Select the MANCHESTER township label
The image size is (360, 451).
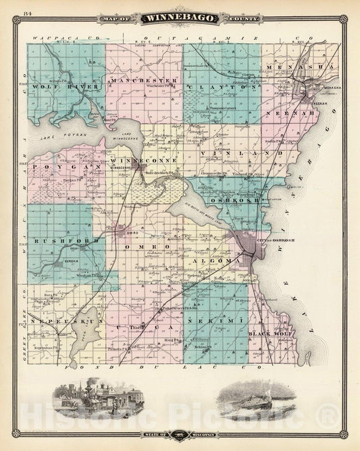(x=138, y=81)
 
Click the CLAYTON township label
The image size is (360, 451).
(x=223, y=87)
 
